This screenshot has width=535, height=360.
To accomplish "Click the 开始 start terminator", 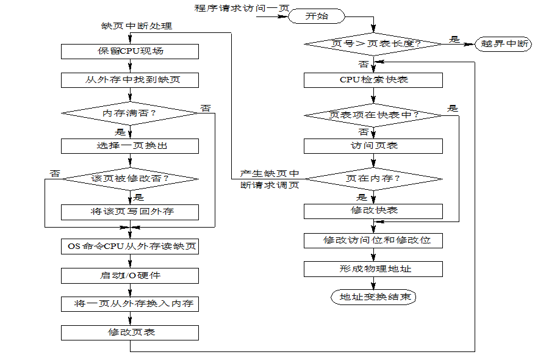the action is tap(317, 16).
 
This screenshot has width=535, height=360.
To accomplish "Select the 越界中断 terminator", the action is tap(504, 44).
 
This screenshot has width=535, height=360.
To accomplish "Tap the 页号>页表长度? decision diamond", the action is tap(373, 44).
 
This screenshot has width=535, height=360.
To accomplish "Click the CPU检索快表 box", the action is tap(373, 80).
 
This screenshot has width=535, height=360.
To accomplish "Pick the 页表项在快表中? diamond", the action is tap(373, 115).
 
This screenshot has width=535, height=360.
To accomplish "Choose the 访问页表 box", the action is tap(373, 146).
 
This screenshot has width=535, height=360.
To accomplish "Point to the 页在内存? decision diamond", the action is tap(373, 179).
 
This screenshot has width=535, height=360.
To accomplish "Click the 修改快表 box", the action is tap(373, 211).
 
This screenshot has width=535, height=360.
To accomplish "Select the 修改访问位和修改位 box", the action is tap(373, 240).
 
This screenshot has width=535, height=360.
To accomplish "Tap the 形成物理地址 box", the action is tap(373, 269).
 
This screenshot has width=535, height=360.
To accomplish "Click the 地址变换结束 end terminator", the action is tap(373, 297).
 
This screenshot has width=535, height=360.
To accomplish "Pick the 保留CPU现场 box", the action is tap(130, 51).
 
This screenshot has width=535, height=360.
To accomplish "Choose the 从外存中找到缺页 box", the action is tap(130, 80).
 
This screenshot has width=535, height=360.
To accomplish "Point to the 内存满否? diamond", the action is tap(130, 113).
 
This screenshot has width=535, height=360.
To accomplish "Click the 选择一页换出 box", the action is tap(130, 146).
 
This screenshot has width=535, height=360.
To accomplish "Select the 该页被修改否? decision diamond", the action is tap(130, 179).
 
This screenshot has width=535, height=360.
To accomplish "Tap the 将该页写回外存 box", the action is tap(130, 212).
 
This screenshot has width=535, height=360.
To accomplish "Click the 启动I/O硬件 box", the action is tap(130, 276).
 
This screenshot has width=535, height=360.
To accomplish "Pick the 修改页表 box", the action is tap(130, 333).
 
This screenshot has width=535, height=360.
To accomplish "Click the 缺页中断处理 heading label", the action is tap(137, 26).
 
